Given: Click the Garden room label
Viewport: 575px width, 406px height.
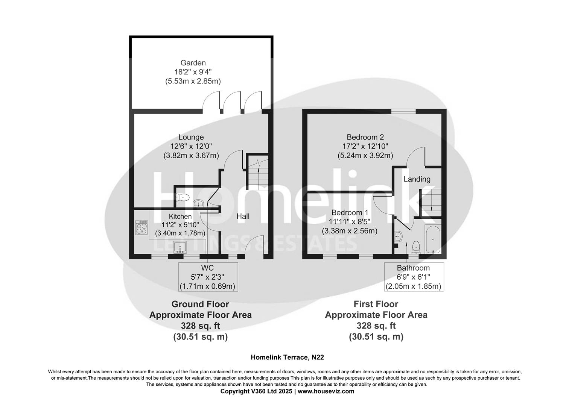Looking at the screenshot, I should coord(193,63).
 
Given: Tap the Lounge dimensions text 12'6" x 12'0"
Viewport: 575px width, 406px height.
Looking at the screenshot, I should coord(191,146).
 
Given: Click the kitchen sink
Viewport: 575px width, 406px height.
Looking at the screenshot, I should coord(180,247).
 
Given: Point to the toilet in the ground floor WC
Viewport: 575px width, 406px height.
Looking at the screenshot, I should coord(183,197).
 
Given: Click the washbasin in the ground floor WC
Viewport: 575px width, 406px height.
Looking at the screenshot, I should coord(198,204).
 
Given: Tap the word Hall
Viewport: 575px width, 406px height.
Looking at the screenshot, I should coord(243,216).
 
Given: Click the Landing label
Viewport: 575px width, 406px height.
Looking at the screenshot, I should coord(417,179).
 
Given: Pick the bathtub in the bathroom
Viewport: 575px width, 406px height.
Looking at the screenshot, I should coord(434,239).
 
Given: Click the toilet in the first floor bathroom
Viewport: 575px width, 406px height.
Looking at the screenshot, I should coord(416,247).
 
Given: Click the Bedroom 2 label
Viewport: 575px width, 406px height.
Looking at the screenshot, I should coord(365,137).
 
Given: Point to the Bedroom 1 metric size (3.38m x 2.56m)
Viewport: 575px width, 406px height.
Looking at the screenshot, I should coord(350,231).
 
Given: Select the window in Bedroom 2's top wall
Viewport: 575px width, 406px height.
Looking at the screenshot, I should coord(403,111).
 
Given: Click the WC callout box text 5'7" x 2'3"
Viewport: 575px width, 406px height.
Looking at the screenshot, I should coord(207,277).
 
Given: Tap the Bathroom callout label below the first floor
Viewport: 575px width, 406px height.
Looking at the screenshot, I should coord(413,268).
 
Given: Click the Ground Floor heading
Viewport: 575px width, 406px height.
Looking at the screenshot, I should coord(200,304).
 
